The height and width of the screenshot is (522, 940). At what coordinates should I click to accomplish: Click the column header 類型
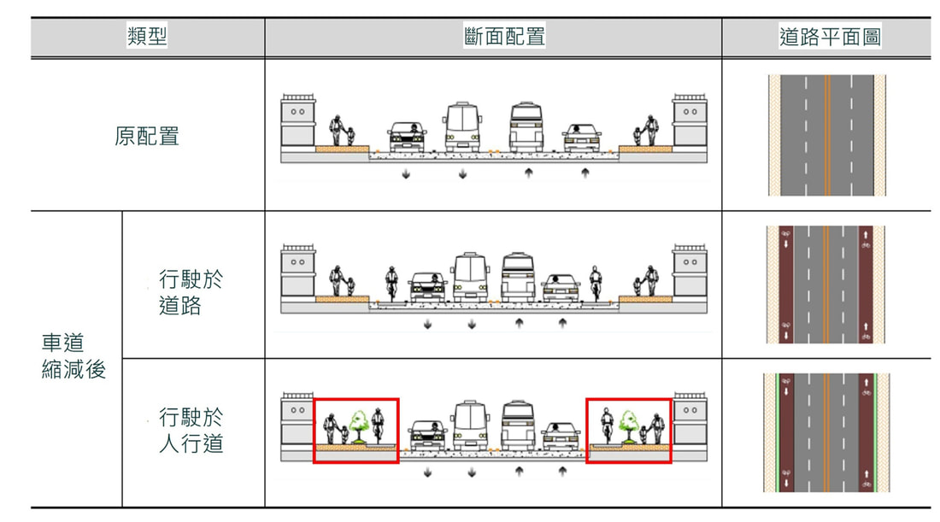[147, 36]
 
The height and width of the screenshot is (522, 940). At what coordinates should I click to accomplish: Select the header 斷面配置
[504, 36]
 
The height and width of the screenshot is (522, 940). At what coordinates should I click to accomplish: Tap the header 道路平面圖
[830, 37]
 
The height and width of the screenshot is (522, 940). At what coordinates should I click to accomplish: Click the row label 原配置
[147, 136]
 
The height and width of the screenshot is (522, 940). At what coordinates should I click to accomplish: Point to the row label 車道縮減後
[73, 356]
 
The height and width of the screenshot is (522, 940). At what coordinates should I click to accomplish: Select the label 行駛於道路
[191, 292]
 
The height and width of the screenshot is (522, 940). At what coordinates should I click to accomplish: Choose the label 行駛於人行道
[191, 431]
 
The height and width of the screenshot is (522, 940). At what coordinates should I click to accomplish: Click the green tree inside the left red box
[359, 426]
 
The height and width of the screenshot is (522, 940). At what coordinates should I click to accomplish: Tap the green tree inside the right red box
[628, 426]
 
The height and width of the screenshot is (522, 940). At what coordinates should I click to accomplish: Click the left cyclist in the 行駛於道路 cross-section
[391, 284]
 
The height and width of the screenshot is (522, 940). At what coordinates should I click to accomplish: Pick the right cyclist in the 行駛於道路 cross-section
[596, 284]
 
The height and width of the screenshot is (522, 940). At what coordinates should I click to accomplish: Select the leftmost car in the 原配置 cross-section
[407, 138]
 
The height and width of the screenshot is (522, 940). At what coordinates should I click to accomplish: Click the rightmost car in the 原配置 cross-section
[581, 138]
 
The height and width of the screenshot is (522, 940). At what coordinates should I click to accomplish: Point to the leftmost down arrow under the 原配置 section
[406, 174]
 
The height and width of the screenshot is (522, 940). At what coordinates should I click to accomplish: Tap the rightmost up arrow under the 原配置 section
[585, 173]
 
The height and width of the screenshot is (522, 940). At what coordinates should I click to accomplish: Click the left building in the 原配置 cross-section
[298, 121]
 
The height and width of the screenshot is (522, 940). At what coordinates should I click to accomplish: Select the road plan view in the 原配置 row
[826, 135]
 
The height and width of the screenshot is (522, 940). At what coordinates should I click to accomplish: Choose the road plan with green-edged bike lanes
[826, 432]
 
